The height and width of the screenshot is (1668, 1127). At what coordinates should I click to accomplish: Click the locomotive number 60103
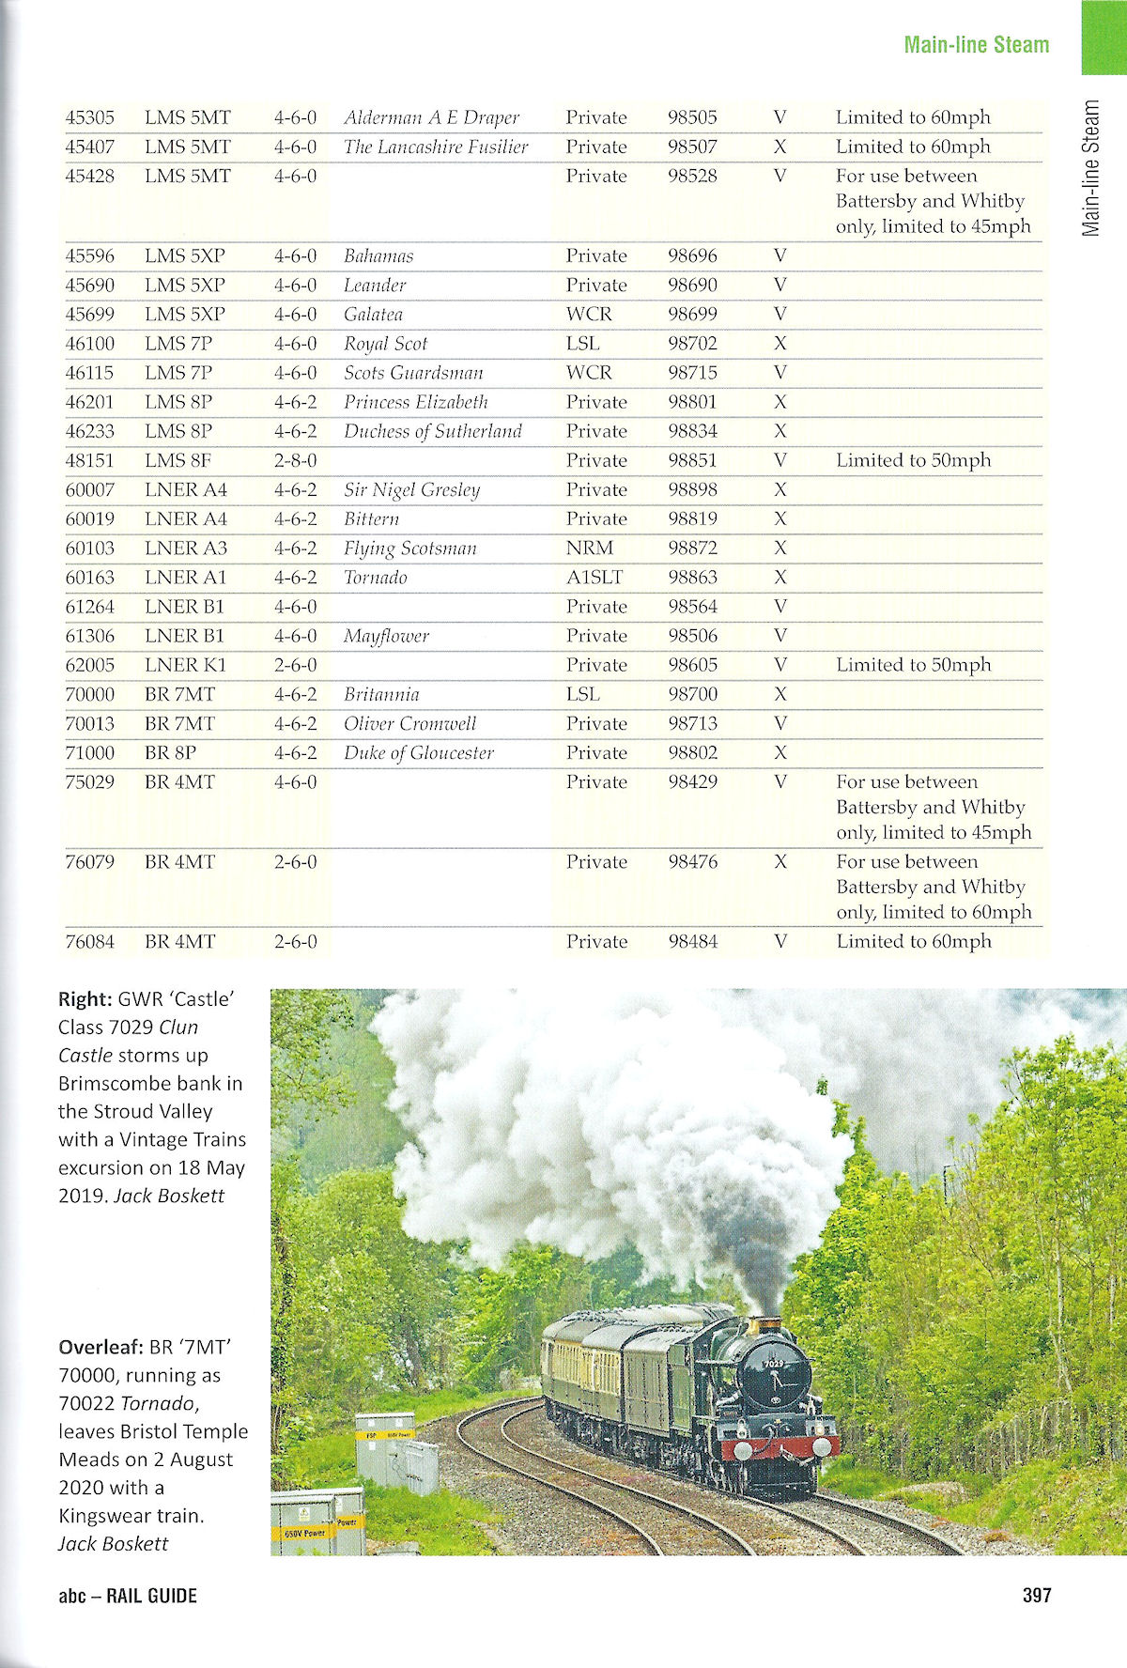click(89, 548)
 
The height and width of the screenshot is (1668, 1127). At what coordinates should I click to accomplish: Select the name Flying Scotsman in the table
click(409, 548)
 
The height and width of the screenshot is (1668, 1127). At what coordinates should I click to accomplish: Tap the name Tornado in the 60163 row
click(375, 578)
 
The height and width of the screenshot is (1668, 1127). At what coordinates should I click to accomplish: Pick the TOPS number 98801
click(692, 402)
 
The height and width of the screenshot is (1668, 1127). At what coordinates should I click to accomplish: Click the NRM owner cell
click(589, 548)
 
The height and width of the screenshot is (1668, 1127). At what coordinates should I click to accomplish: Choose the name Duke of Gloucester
click(418, 753)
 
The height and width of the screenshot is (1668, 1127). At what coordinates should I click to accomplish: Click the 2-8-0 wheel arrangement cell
click(295, 460)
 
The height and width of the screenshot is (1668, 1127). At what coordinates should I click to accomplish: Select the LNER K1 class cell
click(185, 665)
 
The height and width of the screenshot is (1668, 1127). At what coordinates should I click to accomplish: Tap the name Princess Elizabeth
click(415, 402)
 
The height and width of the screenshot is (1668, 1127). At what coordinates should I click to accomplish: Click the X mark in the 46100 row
click(780, 344)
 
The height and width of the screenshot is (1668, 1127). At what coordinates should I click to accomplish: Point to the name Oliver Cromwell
click(409, 724)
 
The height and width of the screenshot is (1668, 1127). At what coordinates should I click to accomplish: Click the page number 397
click(1037, 1595)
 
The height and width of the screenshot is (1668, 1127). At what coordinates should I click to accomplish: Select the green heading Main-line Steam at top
click(976, 44)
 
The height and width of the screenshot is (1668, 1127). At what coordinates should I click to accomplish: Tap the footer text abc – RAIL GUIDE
click(128, 1595)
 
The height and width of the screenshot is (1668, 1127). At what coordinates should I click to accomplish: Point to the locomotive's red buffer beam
click(780, 1447)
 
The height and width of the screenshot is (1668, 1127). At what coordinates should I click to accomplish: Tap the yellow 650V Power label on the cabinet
click(300, 1533)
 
